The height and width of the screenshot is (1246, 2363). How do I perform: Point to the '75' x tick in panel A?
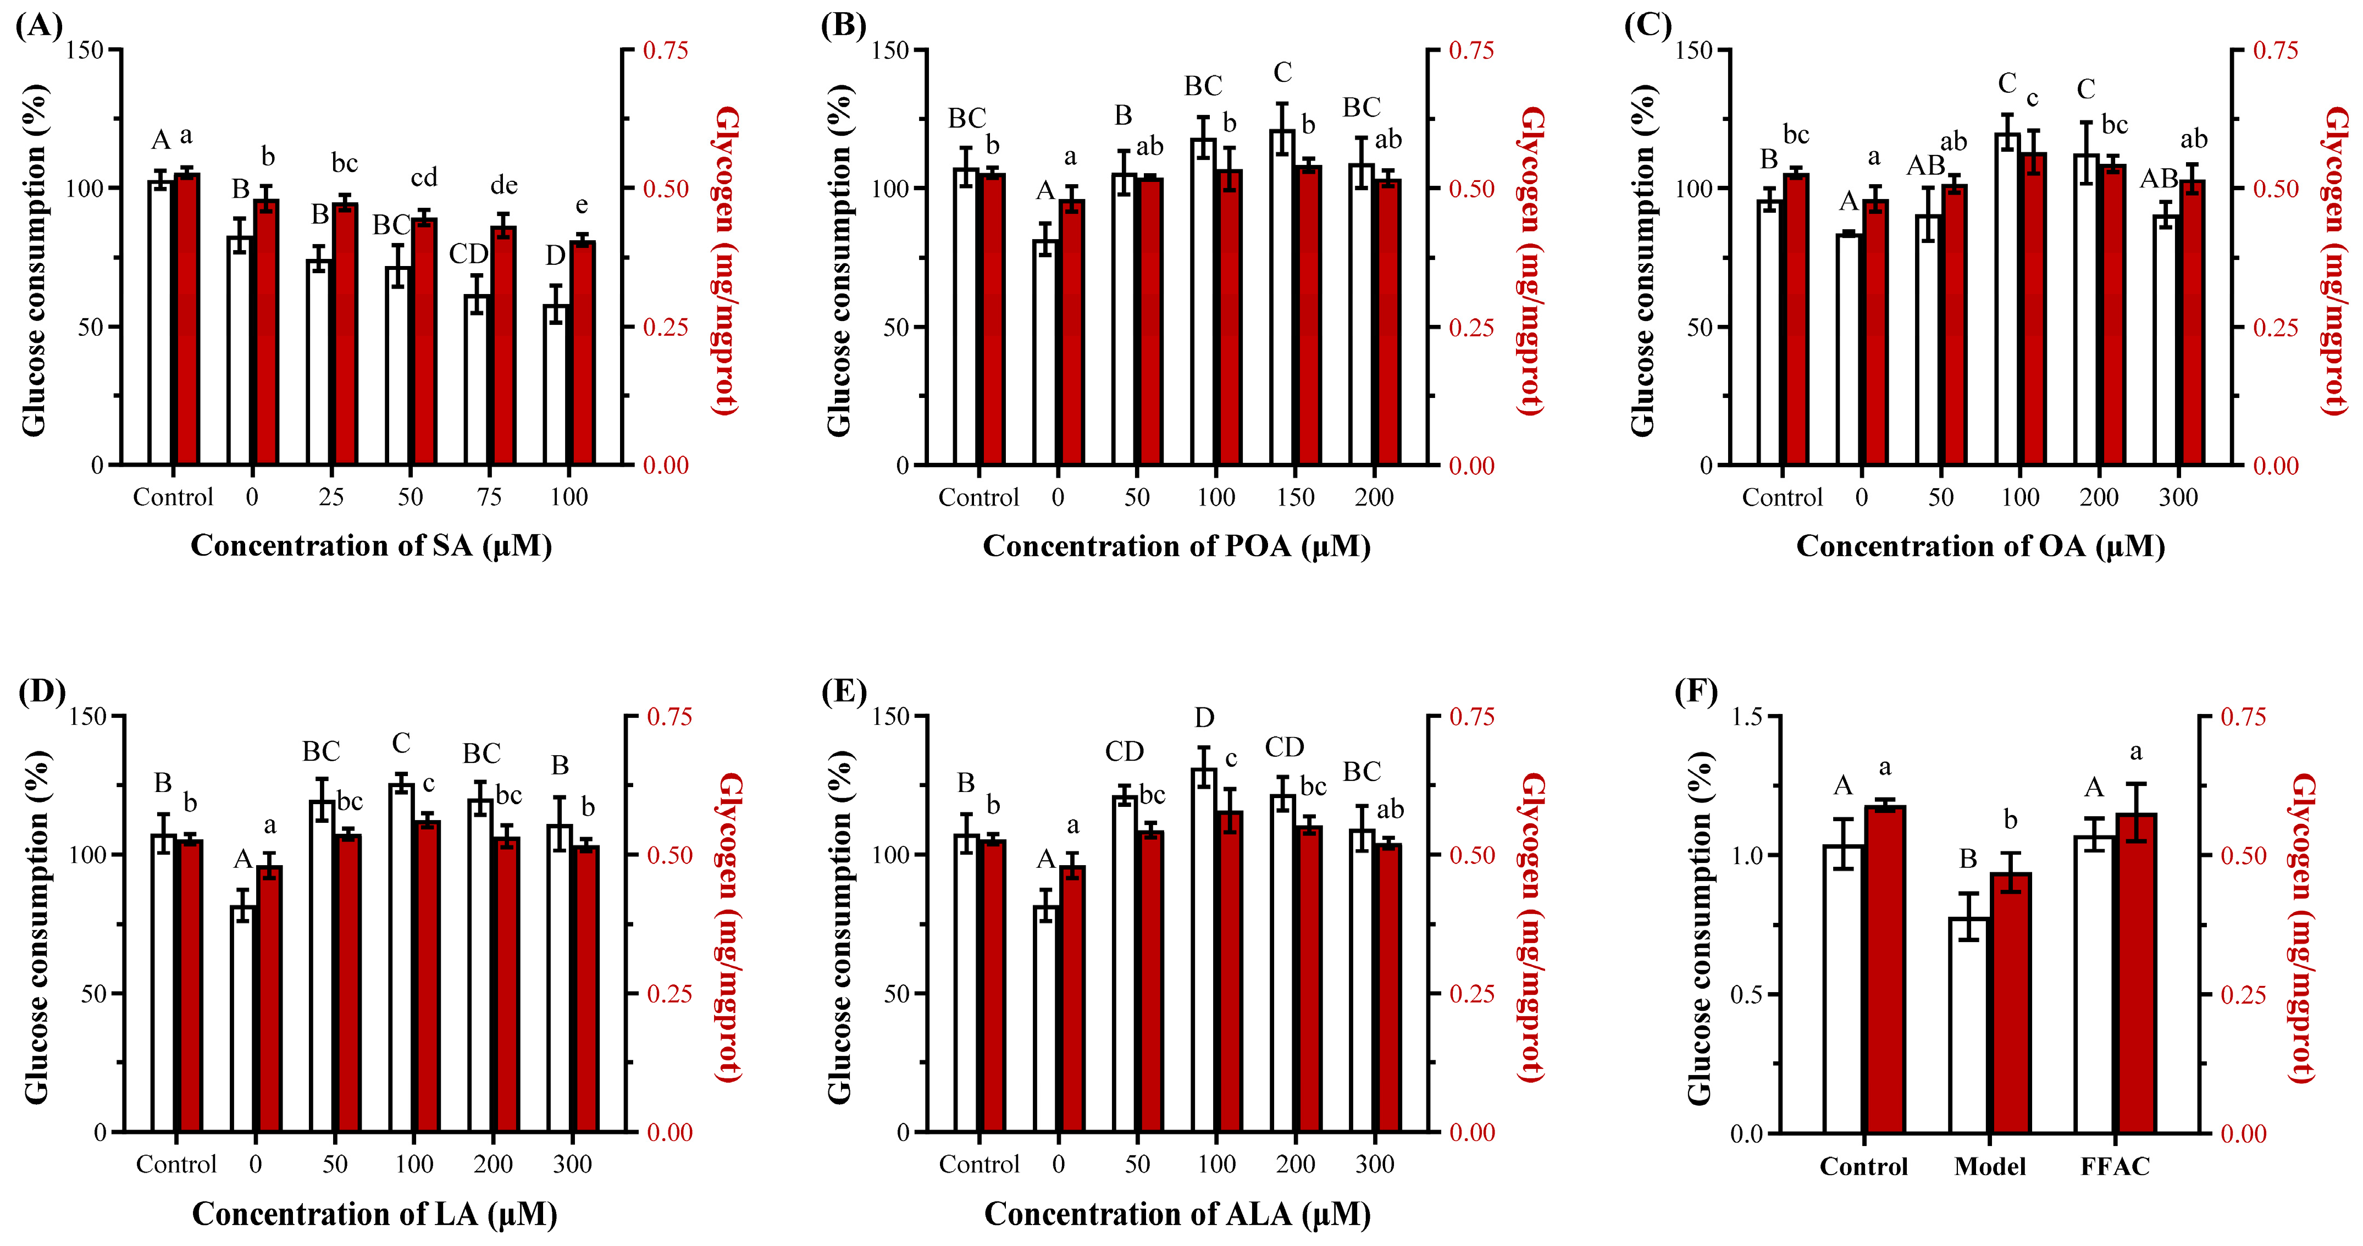tap(489, 497)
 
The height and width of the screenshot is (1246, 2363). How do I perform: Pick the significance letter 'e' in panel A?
tap(582, 206)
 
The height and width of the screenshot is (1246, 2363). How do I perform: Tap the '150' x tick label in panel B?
tap(1295, 497)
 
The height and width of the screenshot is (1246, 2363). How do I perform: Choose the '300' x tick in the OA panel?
tap(2178, 497)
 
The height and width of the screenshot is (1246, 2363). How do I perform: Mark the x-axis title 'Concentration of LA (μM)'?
tap(374, 1214)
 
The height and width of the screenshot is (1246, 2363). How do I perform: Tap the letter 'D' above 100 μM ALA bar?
tap(1204, 717)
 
